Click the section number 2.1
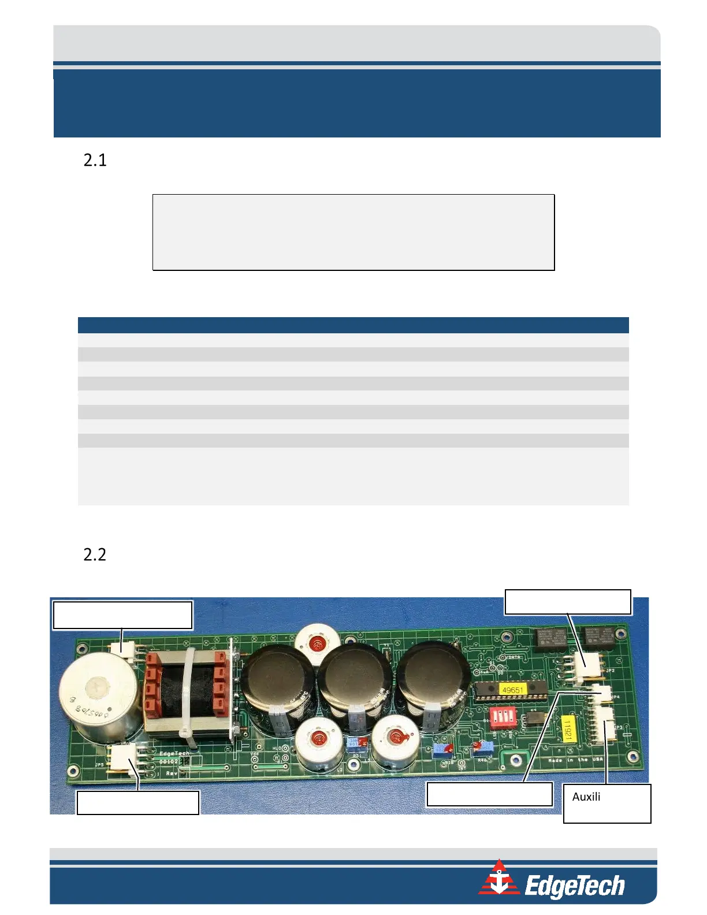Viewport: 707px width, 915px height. tap(95, 160)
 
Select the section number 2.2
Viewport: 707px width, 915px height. tap(95, 555)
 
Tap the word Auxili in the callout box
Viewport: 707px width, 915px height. tap(586, 797)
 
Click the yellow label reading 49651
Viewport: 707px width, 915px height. tap(512, 690)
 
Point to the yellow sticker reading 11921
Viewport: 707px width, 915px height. tap(567, 730)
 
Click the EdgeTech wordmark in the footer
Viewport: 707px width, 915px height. tap(574, 886)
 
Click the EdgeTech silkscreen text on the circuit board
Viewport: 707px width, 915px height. tap(174, 753)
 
